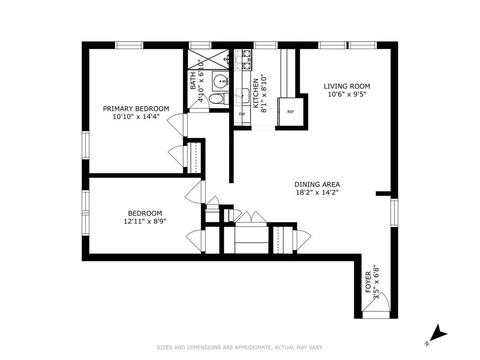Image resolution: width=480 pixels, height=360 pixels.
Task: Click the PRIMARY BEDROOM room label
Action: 136,108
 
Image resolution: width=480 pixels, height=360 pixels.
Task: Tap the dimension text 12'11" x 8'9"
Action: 145,221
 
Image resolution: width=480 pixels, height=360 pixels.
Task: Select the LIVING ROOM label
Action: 346,86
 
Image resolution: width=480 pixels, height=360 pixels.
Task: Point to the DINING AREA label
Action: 317,184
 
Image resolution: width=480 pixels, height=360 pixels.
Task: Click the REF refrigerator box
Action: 290,112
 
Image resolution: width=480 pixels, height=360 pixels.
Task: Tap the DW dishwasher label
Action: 242,114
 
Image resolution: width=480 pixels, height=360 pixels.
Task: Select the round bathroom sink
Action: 220,81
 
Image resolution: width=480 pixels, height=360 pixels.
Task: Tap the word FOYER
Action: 368,283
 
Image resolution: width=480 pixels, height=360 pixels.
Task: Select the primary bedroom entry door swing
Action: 176,124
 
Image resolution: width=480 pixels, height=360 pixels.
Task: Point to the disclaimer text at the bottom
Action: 240,348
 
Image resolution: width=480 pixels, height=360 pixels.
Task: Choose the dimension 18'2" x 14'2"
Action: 317,192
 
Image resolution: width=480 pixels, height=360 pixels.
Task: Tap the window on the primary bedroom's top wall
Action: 129,45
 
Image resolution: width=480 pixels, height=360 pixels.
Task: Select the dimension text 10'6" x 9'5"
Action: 346,94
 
